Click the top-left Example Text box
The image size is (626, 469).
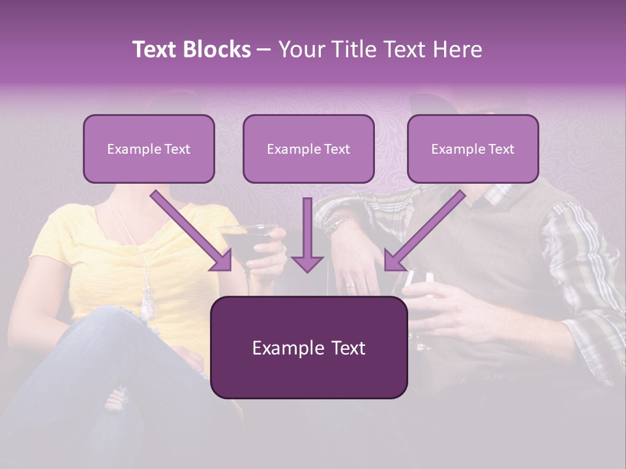pyautogui.click(x=149, y=149)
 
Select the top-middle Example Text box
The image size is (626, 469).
pyautogui.click(x=308, y=149)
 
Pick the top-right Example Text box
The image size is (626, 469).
pyautogui.click(x=473, y=149)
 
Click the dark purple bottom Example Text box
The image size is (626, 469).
pyautogui.click(x=308, y=348)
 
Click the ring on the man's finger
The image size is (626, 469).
pyautogui.click(x=350, y=285)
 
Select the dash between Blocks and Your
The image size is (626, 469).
pyautogui.click(x=264, y=50)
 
